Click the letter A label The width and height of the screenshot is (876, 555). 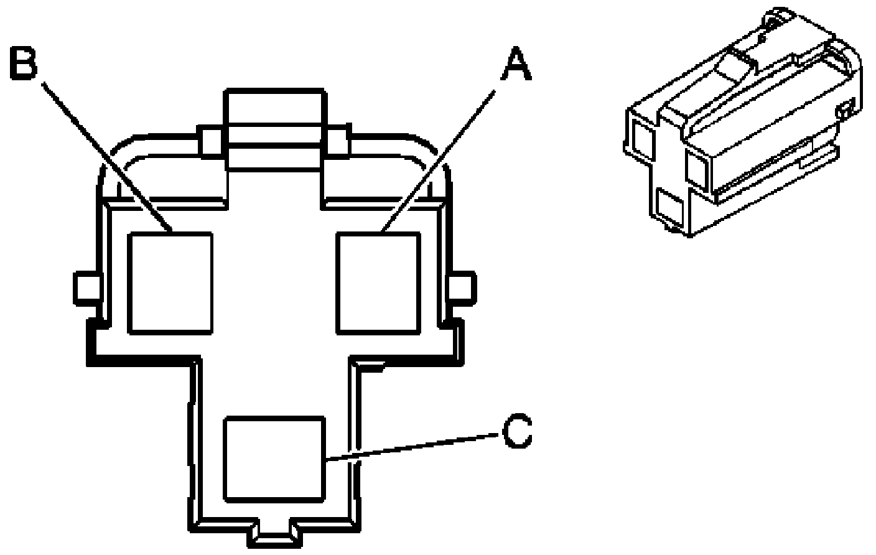(x=517, y=64)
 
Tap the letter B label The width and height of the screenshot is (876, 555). (x=24, y=63)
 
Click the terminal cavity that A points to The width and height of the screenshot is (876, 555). (x=378, y=283)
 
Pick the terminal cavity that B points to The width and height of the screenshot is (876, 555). (x=170, y=283)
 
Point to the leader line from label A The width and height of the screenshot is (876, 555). (x=438, y=161)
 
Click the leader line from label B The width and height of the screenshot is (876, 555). (x=107, y=156)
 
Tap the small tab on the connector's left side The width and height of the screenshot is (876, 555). (x=87, y=288)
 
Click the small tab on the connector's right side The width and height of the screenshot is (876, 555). (x=462, y=288)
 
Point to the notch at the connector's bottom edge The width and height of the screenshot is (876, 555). (x=275, y=533)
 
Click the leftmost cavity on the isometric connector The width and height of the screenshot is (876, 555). (x=643, y=139)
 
